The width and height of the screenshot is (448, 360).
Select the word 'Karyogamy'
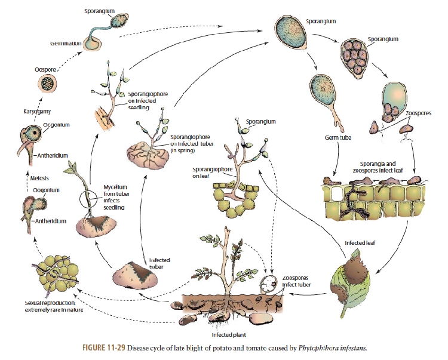click(38, 111)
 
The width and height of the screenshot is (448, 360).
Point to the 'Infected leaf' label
click(360, 244)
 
